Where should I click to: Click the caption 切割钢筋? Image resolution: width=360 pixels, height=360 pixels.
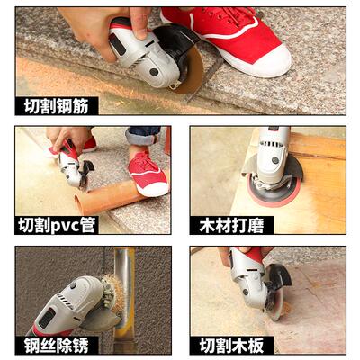click(x=55, y=105)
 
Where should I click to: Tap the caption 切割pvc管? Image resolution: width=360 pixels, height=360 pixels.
click(x=57, y=224)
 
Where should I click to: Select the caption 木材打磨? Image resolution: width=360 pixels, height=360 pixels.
click(x=230, y=224)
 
